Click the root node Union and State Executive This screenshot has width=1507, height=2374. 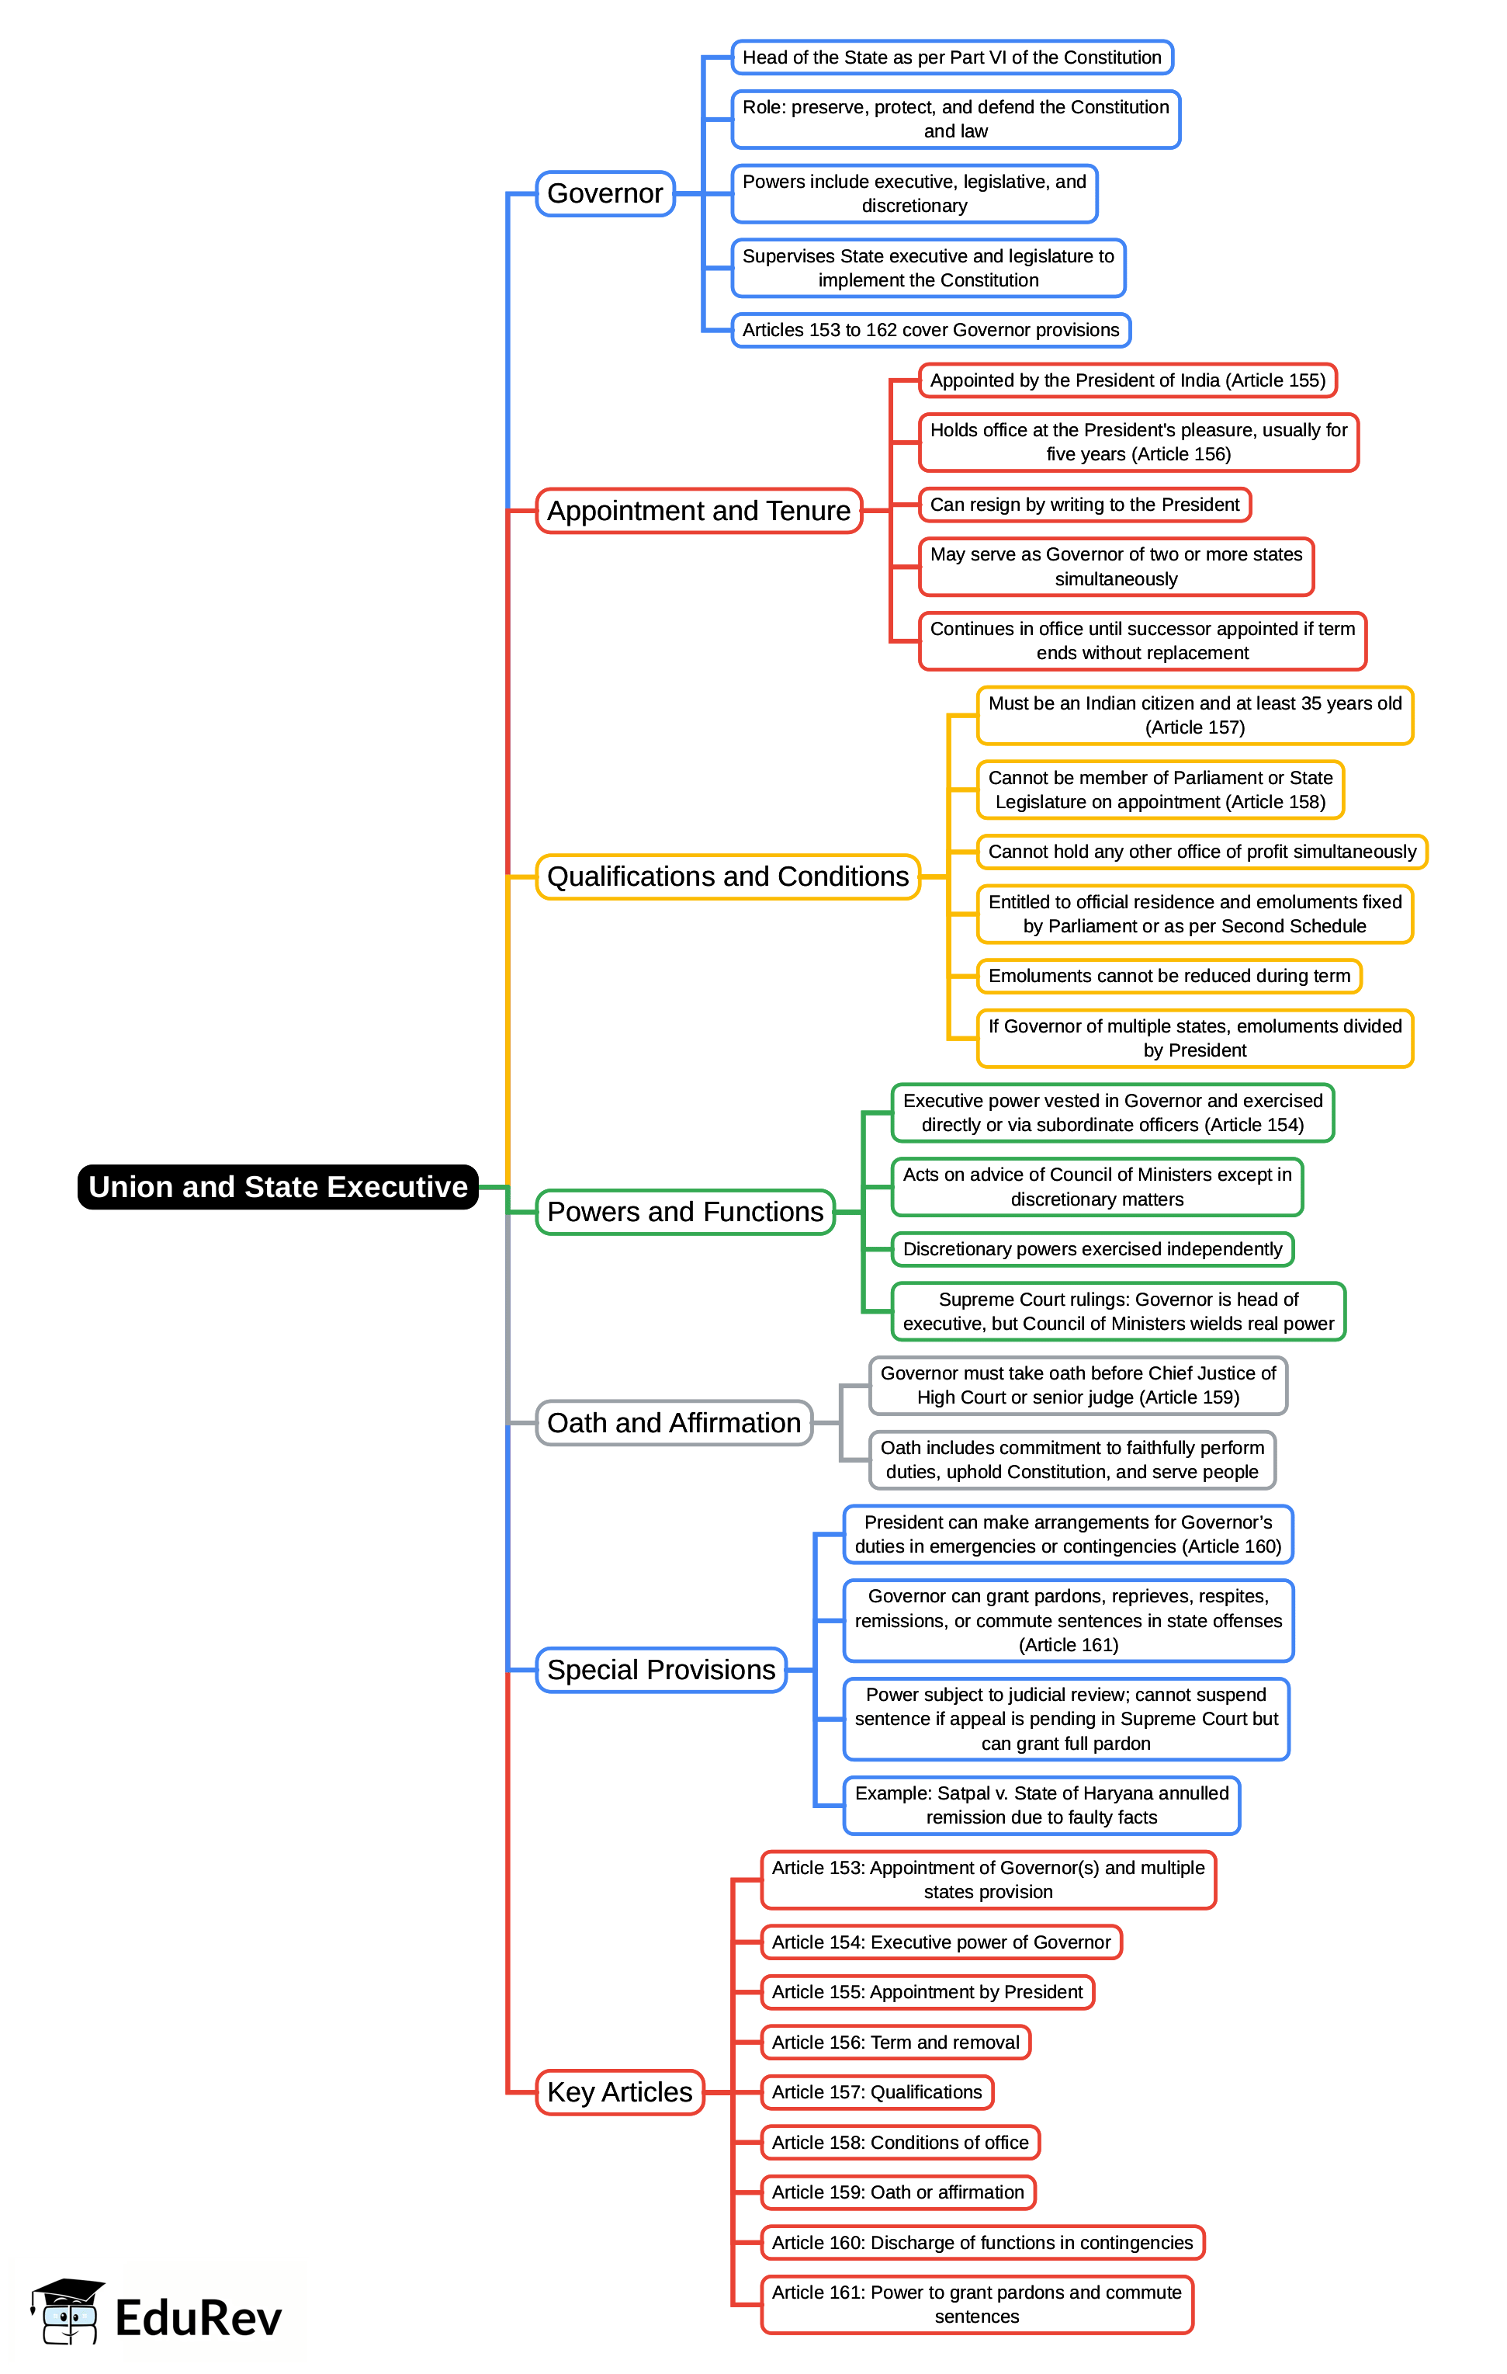pyautogui.click(x=278, y=1186)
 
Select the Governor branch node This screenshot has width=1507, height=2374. pyautogui.click(x=605, y=193)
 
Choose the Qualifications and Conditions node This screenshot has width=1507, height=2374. pyautogui.click(x=727, y=876)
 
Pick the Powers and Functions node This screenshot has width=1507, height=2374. pyautogui.click(x=685, y=1212)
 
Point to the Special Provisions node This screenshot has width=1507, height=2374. pyautogui.click(x=660, y=1669)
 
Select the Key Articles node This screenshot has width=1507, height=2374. pyautogui.click(x=619, y=2091)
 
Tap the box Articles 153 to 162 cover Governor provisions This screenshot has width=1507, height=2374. pyautogui.click(x=930, y=330)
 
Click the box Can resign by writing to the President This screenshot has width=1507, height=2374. pyautogui.click(x=1084, y=505)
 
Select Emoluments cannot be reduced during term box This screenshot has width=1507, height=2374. pyautogui.click(x=1169, y=976)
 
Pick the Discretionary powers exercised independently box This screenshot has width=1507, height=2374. pyautogui.click(x=1092, y=1249)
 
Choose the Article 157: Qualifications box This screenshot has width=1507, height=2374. pyautogui.click(x=876, y=2092)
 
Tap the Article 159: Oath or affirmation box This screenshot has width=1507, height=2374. pyautogui.click(x=897, y=2192)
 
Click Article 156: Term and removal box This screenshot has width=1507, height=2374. pyautogui.click(x=895, y=2042)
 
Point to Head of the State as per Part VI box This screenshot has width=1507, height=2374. pyautogui.click(x=951, y=57)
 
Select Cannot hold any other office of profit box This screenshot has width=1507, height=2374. pyautogui.click(x=1201, y=852)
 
